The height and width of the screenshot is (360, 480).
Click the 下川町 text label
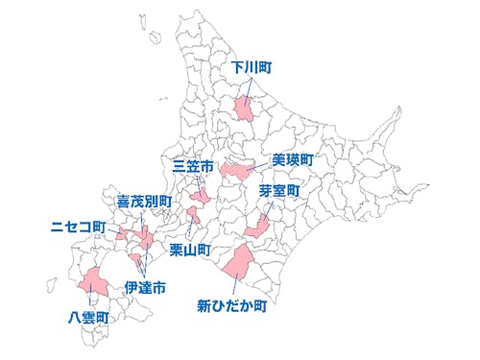(x=253, y=68)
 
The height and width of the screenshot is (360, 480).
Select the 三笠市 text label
(x=193, y=166)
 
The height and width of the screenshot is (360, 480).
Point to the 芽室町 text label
(x=279, y=191)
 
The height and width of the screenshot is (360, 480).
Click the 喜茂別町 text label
(x=144, y=202)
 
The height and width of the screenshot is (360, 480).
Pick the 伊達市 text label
(x=146, y=286)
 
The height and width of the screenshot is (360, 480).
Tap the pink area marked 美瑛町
(x=236, y=169)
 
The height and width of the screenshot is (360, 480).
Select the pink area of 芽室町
(x=257, y=228)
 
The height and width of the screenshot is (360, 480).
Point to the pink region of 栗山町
(x=194, y=215)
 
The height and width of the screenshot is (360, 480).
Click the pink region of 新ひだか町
(x=238, y=259)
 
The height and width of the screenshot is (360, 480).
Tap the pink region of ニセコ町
(x=123, y=233)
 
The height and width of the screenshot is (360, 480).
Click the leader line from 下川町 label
(x=250, y=86)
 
